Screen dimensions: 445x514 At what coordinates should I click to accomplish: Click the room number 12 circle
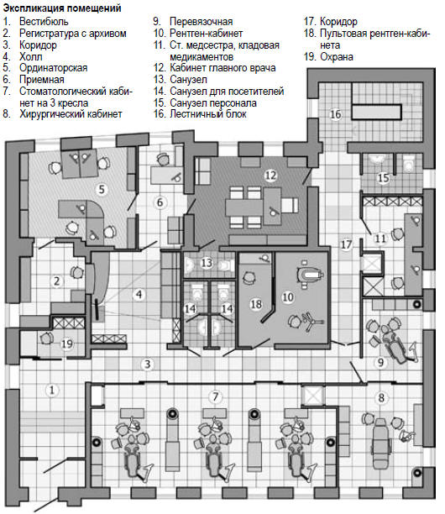(x=270, y=176)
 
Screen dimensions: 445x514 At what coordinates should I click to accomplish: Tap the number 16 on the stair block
(x=335, y=114)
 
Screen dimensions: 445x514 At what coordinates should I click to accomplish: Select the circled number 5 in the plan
(x=102, y=189)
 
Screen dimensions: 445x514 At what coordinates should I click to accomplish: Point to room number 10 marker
(x=288, y=297)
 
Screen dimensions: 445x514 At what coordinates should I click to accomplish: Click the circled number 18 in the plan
(x=256, y=304)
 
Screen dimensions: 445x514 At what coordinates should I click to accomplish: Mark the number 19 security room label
(x=67, y=344)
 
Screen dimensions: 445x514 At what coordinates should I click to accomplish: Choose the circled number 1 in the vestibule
(x=51, y=391)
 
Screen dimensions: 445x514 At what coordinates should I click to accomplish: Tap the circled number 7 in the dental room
(x=215, y=397)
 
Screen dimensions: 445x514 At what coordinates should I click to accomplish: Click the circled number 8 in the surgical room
(x=381, y=398)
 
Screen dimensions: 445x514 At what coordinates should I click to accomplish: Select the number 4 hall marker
(x=139, y=294)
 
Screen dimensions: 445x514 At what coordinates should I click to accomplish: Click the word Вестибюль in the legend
(x=44, y=22)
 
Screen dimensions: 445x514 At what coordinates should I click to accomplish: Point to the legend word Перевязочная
(x=202, y=22)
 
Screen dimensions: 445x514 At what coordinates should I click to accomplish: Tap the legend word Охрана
(x=337, y=57)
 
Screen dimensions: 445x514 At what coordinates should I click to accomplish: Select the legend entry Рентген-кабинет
(x=206, y=33)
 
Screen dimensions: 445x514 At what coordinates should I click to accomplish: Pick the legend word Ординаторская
(x=54, y=68)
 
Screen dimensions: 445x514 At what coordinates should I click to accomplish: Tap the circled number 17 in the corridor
(x=347, y=244)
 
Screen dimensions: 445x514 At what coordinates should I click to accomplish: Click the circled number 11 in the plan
(x=380, y=239)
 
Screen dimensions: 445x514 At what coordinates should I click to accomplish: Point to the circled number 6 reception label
(x=160, y=202)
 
